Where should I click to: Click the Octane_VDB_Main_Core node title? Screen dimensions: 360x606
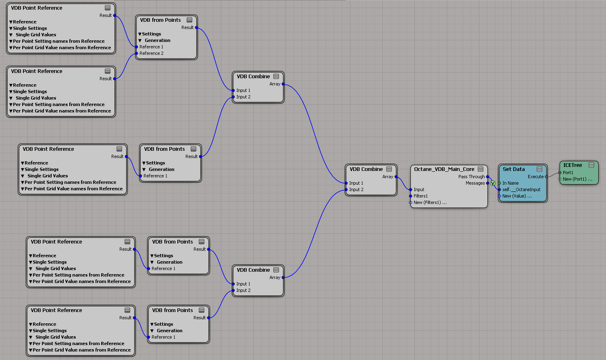pyautogui.click(x=444, y=169)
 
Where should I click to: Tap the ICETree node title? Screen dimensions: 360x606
pyautogui.click(x=573, y=165)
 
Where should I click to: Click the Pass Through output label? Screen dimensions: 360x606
pyautogui.click(x=471, y=177)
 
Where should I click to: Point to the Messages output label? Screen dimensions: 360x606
pyautogui.click(x=475, y=183)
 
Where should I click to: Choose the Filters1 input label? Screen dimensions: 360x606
pyautogui.click(x=421, y=196)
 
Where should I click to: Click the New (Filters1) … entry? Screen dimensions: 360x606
pyautogui.click(x=430, y=202)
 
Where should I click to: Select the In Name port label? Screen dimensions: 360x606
pyautogui.click(x=510, y=183)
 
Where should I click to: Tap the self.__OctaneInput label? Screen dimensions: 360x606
pyautogui.click(x=521, y=189)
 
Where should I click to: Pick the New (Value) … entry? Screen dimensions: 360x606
pyautogui.click(x=517, y=196)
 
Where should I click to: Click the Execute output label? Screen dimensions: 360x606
pyautogui.click(x=535, y=177)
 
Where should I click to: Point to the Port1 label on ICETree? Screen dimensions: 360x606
pyautogui.click(x=568, y=173)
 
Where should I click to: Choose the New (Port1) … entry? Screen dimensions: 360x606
pyautogui.click(x=577, y=179)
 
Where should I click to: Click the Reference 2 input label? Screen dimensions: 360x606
pyautogui.click(x=151, y=53)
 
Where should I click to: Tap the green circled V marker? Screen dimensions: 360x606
pyautogui.click(x=493, y=183)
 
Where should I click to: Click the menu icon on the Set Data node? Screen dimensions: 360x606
pyautogui.click(x=539, y=169)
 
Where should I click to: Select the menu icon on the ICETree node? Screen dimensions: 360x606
pyautogui.click(x=591, y=165)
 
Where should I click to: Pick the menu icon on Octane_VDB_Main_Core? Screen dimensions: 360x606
pyautogui.click(x=481, y=169)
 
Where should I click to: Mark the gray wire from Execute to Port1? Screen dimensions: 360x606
pyautogui.click(x=553, y=175)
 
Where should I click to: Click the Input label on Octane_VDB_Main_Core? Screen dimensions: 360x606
pyautogui.click(x=419, y=189)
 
